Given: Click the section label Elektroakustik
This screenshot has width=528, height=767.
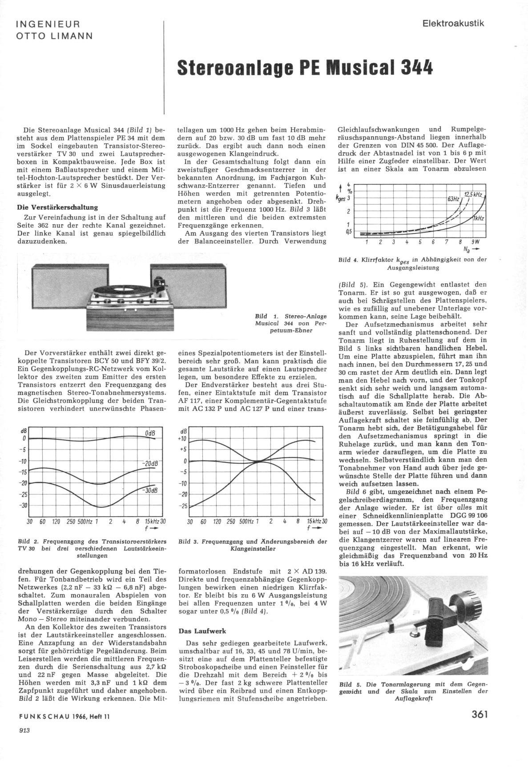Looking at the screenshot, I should pos(453,24).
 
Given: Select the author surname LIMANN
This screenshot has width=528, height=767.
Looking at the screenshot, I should pos(73,36).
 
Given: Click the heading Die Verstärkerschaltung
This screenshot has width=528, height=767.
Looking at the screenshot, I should pos(57,207).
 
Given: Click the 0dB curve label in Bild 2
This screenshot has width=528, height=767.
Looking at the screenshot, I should pos(150,434).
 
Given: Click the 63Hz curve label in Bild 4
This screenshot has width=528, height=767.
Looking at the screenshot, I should pos(453,199).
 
